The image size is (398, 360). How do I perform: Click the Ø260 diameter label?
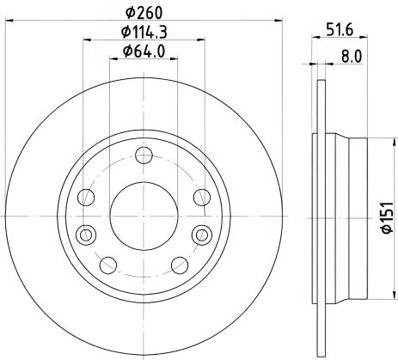click(x=144, y=12)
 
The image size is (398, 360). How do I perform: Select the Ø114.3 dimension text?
click(x=144, y=34)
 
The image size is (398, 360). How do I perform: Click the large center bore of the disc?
click(x=144, y=209)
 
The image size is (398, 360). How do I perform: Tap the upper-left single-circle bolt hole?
click(x=85, y=198)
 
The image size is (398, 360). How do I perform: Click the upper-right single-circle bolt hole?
click(x=203, y=198)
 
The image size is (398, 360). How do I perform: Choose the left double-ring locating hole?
click(x=84, y=234)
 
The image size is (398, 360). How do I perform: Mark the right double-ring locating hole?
click(x=203, y=234)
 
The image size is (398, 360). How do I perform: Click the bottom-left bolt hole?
click(x=109, y=264)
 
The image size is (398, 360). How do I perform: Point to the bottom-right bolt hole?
click(x=179, y=264)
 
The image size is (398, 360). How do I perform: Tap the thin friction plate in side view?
click(x=321, y=209)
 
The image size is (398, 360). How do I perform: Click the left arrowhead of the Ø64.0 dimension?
click(x=114, y=60)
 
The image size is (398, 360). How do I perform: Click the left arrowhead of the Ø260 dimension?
click(x=9, y=18)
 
